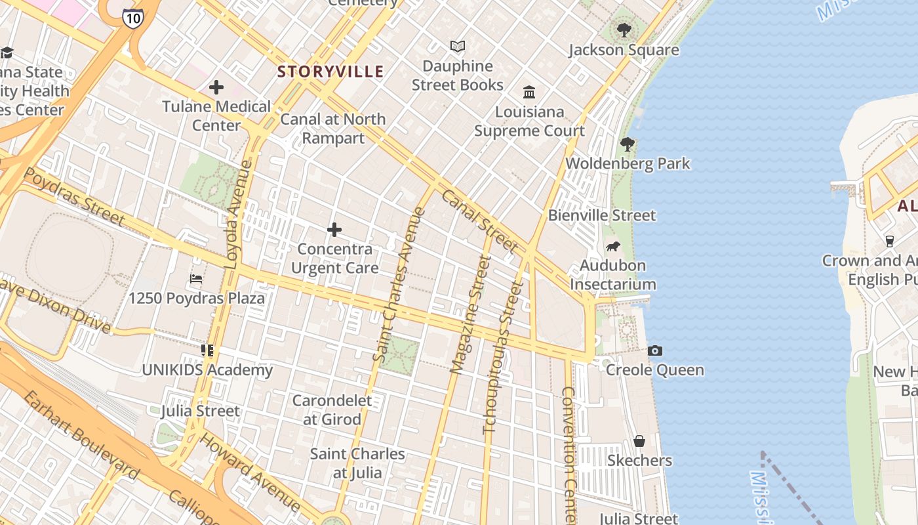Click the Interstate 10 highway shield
coord(132,18)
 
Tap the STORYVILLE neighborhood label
coord(330,72)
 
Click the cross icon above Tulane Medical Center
coord(216,87)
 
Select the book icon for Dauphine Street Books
coord(458,47)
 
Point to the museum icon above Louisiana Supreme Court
coord(529,92)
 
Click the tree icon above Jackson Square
coord(624,30)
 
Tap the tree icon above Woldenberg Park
coord(628,144)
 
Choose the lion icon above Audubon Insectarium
coord(613,247)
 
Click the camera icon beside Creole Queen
coord(654,351)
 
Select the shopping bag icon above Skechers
coord(639,441)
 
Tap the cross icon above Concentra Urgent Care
coord(334,230)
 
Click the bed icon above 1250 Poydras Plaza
coord(196,279)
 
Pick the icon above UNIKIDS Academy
coord(207,350)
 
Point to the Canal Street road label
coord(479,221)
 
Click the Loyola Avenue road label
coord(238,215)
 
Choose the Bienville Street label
coord(601,215)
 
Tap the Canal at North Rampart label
coord(332,129)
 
